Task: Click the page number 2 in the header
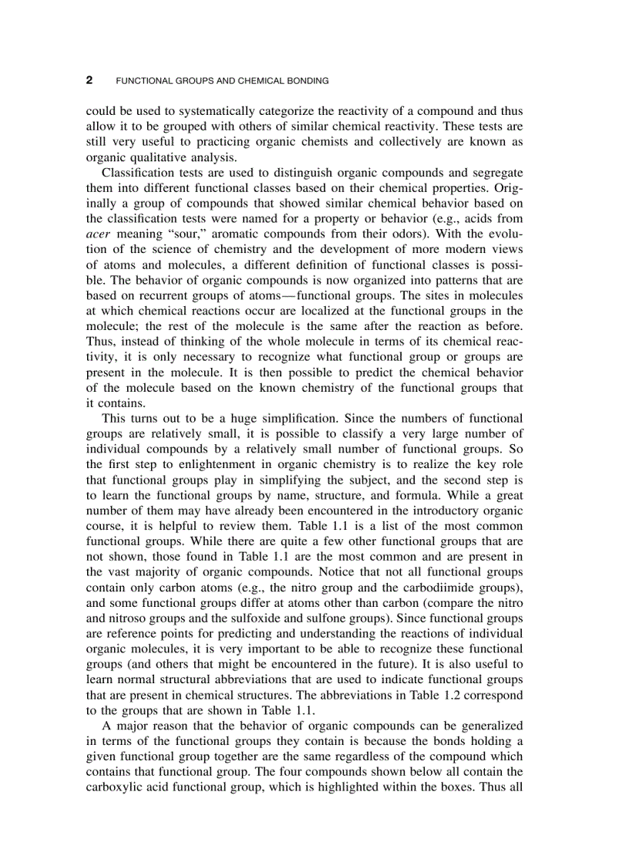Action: click(89, 80)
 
